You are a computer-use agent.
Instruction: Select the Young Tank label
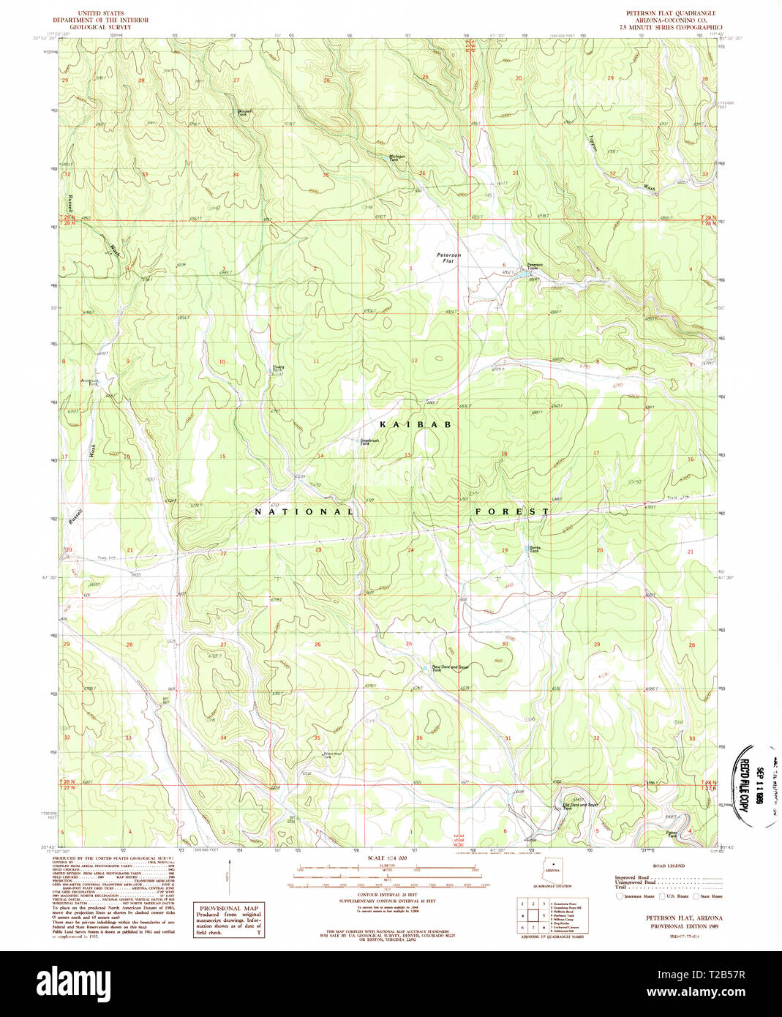278,369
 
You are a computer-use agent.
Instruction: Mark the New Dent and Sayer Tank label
449,668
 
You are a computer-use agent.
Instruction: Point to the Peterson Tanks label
535,266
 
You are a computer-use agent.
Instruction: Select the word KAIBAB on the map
415,424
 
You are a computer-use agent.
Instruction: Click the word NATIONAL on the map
304,511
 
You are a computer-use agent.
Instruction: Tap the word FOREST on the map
512,511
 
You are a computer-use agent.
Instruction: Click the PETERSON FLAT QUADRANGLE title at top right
670,13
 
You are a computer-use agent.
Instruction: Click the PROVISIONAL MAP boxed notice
229,920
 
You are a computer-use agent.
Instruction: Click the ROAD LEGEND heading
669,866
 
